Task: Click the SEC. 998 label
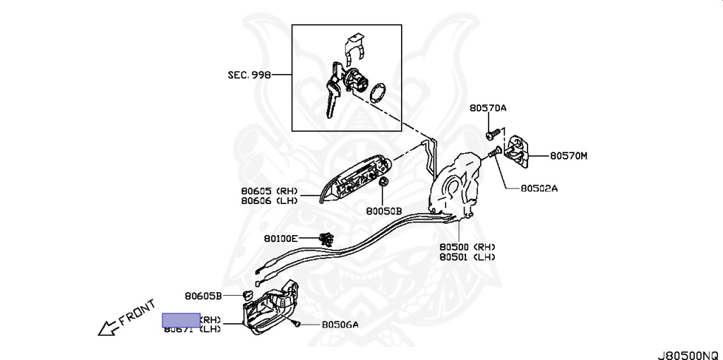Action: click(x=249, y=74)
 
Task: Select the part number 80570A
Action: click(x=488, y=108)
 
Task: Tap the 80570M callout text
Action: click(x=568, y=156)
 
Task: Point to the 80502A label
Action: click(x=539, y=188)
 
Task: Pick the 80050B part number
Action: click(x=383, y=210)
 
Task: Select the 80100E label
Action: click(x=281, y=239)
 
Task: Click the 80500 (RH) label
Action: click(x=467, y=247)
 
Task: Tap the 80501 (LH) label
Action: click(x=467, y=257)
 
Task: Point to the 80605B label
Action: click(x=203, y=296)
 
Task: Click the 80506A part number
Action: click(x=340, y=325)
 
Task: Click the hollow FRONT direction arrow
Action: click(x=108, y=327)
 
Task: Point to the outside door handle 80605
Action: click(x=356, y=179)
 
